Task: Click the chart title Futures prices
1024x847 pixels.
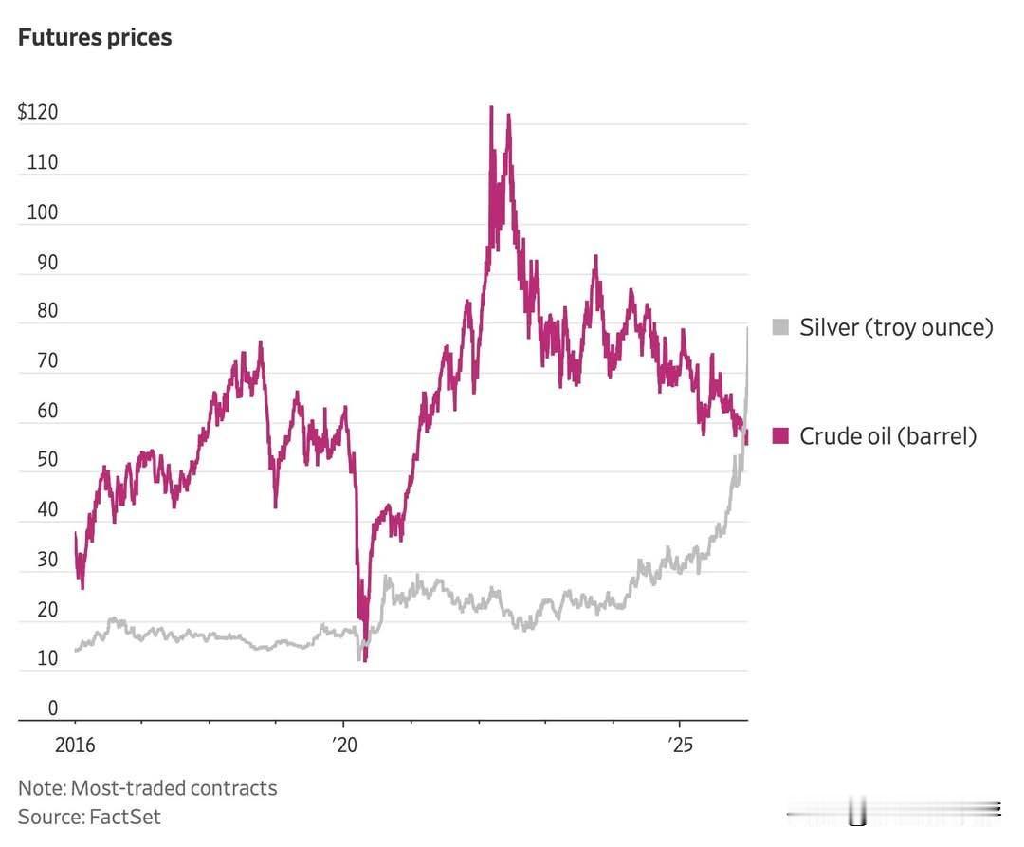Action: [95, 38]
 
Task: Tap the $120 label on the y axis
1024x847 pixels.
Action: [38, 113]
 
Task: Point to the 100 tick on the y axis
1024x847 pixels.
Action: [42, 212]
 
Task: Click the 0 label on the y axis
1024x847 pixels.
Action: [52, 708]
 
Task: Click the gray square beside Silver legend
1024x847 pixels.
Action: [780, 328]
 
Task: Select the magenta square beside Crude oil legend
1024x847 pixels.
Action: [780, 436]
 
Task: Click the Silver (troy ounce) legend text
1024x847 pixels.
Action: [896, 328]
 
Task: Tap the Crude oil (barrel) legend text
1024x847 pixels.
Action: [887, 436]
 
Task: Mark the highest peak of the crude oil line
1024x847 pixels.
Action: [491, 107]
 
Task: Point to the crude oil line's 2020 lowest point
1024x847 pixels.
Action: [365, 660]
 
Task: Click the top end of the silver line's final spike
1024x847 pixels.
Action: [748, 327]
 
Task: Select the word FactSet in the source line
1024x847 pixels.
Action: [125, 817]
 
